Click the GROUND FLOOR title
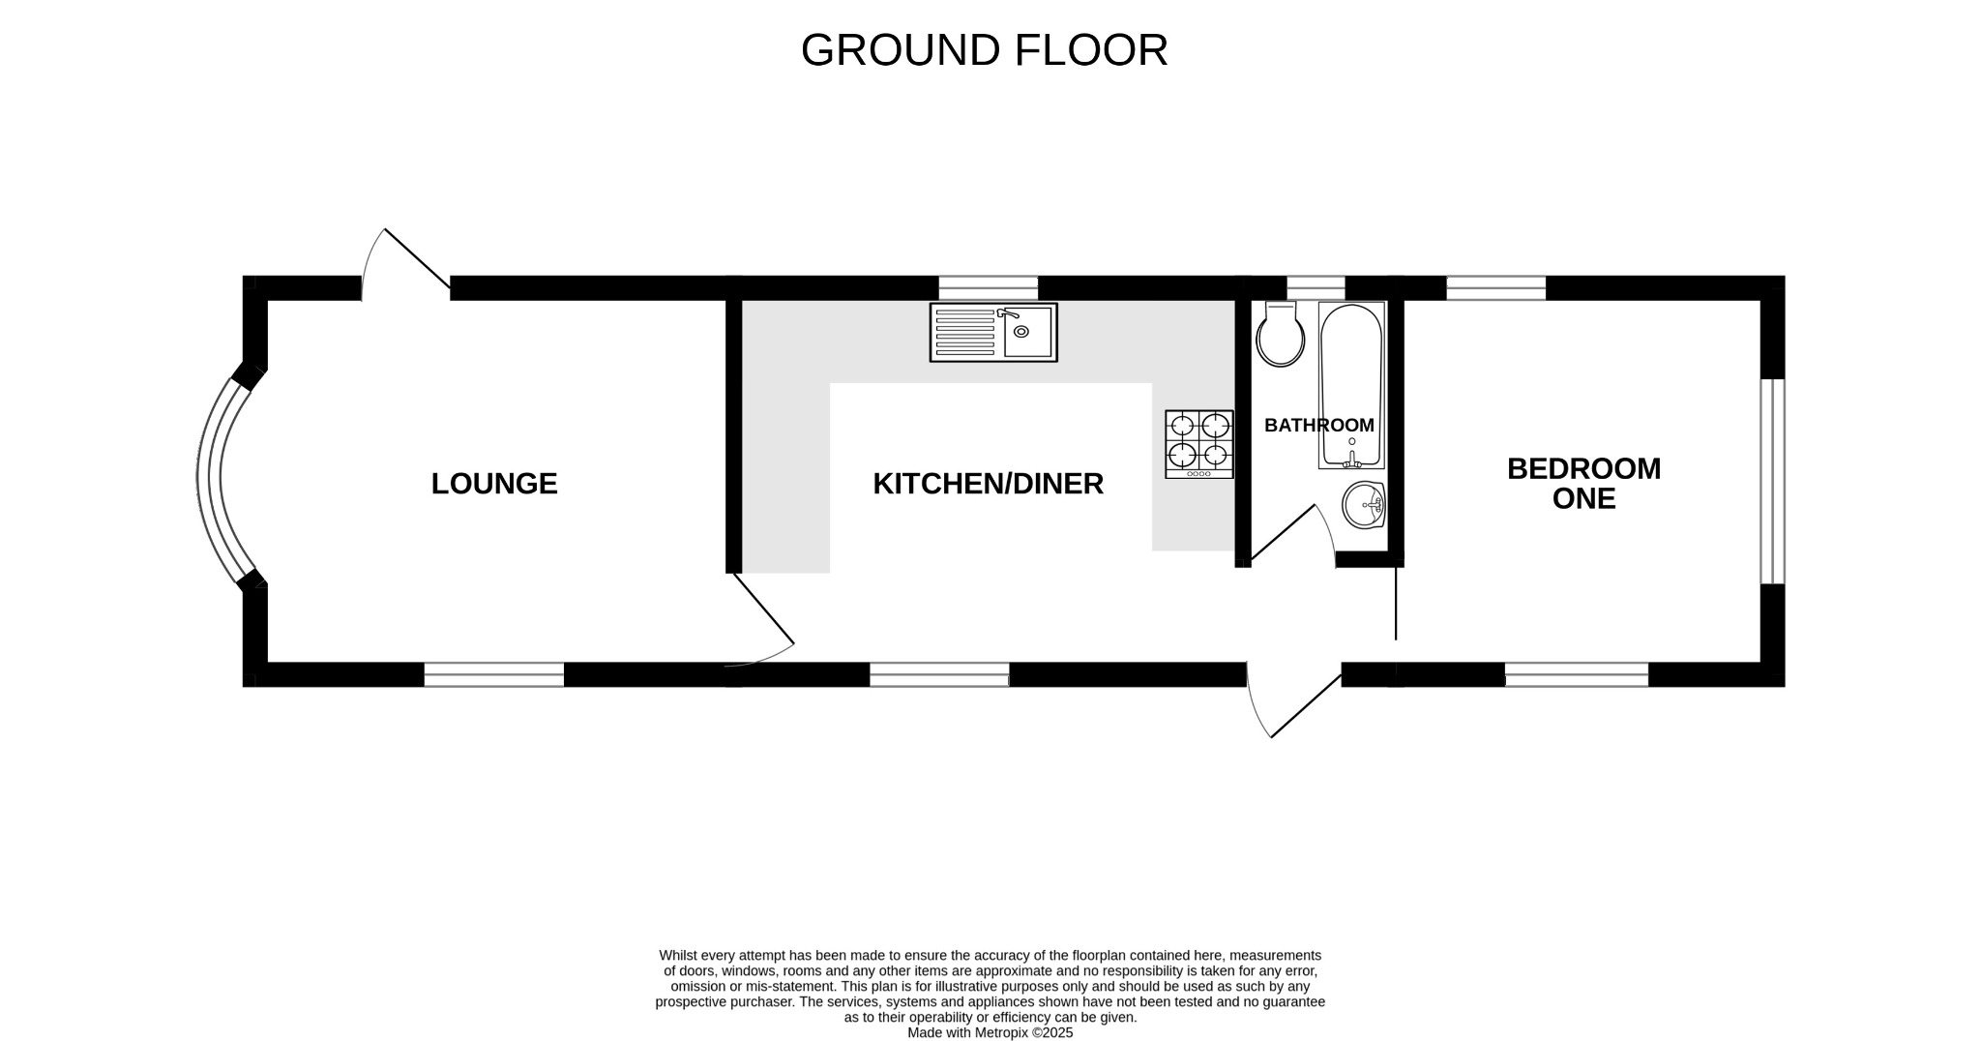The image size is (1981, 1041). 984,50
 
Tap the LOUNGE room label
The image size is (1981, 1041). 494,484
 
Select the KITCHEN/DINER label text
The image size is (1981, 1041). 988,484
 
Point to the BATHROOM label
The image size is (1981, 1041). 1318,425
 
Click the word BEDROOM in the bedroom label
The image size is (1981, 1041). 1583,469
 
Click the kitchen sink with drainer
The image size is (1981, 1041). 993,332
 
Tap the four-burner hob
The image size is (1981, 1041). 1199,443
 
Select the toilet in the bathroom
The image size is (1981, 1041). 1280,335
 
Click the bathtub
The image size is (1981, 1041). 1351,385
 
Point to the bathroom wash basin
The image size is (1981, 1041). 1365,505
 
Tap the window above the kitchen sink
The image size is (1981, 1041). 988,287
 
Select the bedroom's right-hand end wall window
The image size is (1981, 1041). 1771,481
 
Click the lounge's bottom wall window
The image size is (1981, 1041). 493,674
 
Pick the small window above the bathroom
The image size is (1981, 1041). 1316,287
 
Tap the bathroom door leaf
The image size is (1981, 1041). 1284,533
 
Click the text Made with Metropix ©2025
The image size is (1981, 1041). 990,1032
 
